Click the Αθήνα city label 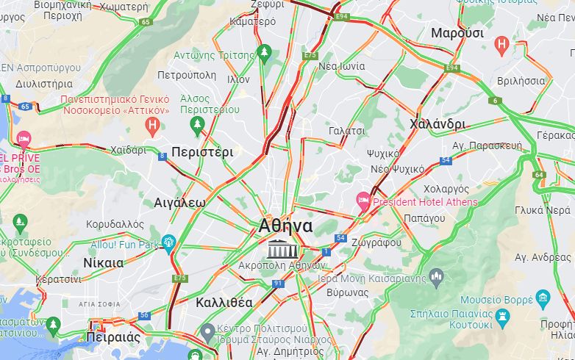point(285,226)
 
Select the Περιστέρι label point(202,153)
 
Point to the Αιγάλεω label point(179,202)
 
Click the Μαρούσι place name point(457,33)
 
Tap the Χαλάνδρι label point(438,123)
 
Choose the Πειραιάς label point(113,337)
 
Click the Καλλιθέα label point(224,302)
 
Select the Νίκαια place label point(103,262)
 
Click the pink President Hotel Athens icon point(362,200)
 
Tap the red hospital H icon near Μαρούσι point(502,46)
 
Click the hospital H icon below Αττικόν point(153,126)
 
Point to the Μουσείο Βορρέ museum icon point(543,297)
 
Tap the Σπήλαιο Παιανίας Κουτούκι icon point(503,317)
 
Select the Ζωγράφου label point(376,242)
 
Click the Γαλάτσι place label point(347,131)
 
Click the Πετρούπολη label point(187,75)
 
